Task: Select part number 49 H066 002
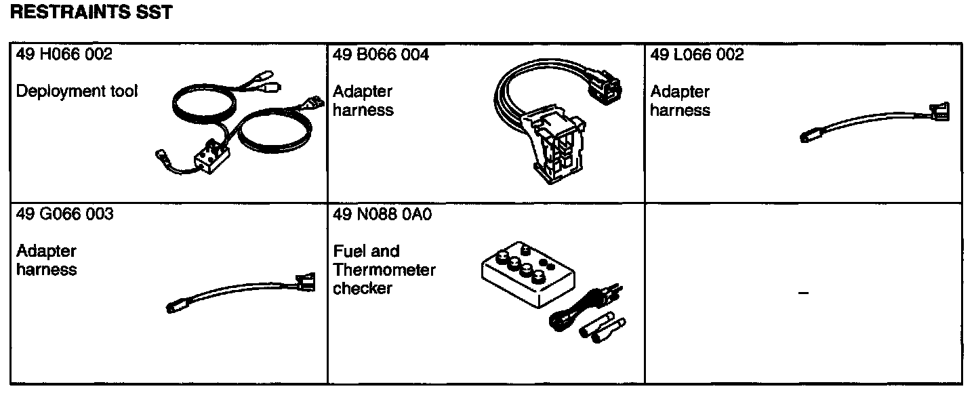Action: (64, 55)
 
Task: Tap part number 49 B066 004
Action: (381, 55)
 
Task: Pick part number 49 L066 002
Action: (697, 55)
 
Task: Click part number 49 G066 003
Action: (64, 215)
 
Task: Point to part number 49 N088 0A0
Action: (382, 215)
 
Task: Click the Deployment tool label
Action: (77, 91)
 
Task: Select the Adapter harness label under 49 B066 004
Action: (363, 101)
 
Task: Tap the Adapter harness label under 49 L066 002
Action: (680, 101)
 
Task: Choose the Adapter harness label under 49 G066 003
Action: (46, 260)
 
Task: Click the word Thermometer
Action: (384, 270)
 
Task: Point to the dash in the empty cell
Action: (804, 293)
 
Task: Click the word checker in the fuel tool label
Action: (363, 289)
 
